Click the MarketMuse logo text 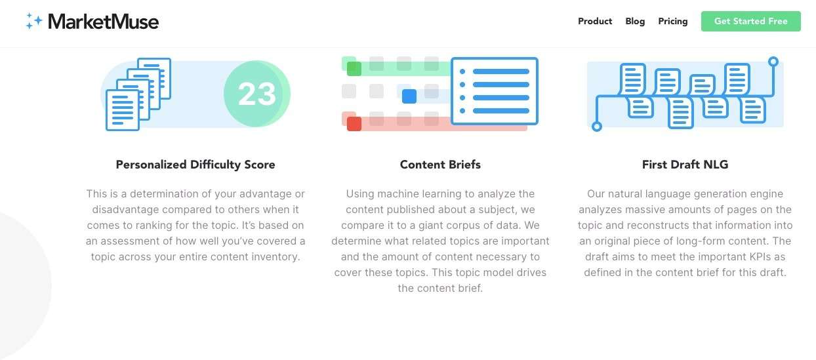click(103, 22)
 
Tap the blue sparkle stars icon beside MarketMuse click(34, 21)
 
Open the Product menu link click(595, 21)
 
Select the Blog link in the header click(635, 22)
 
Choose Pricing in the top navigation click(673, 22)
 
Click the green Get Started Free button click(751, 21)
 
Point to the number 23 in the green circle click(257, 94)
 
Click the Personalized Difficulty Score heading click(195, 165)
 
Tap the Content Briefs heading click(440, 165)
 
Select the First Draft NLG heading click(685, 165)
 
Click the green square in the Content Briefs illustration click(354, 69)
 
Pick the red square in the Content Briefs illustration click(354, 124)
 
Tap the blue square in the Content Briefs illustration click(409, 96)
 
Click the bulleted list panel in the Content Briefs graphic click(495, 91)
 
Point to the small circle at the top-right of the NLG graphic click(773, 62)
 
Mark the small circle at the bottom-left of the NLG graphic click(597, 127)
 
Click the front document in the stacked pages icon click(123, 110)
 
